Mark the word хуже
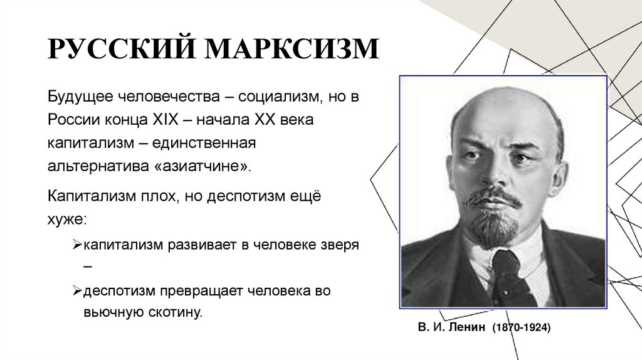tap(66, 220)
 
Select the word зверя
tap(338, 245)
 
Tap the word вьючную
tap(108, 312)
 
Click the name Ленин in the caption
tap(468, 327)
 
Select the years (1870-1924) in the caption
tap(521, 327)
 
